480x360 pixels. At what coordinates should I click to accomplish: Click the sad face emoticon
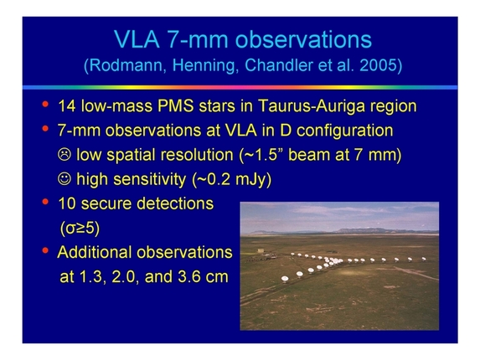point(65,155)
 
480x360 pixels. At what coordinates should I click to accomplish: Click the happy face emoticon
point(65,179)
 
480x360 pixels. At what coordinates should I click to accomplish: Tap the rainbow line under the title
point(240,86)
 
